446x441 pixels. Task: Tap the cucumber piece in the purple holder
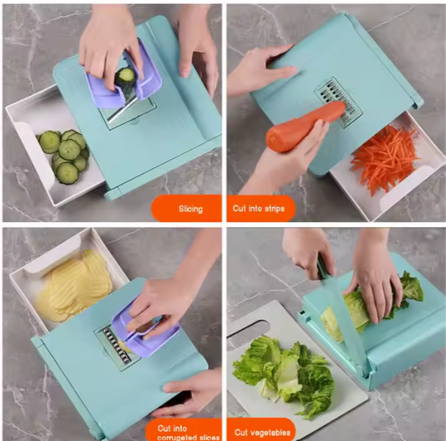[x=127, y=75]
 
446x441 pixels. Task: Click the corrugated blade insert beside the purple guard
[x=111, y=338]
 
